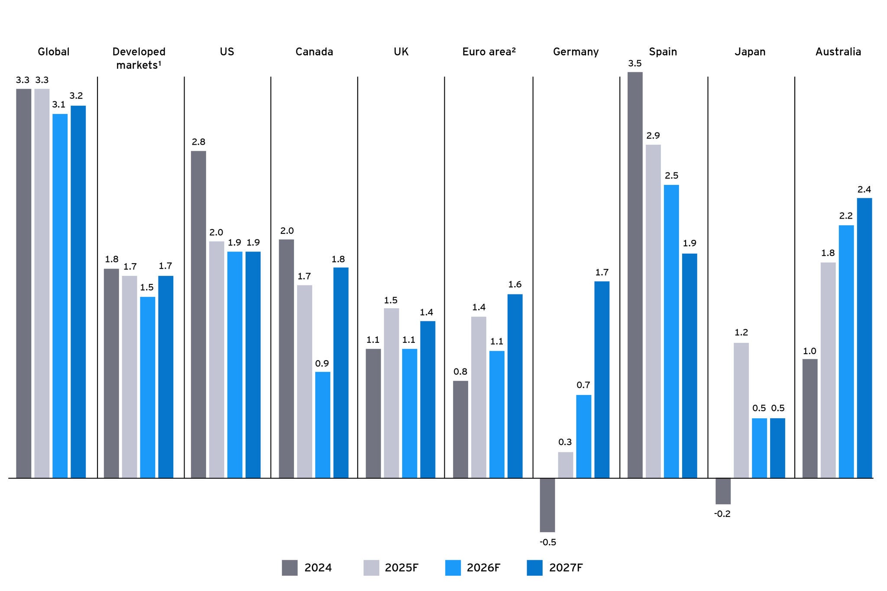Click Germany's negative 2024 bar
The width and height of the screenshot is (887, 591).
[x=547, y=505]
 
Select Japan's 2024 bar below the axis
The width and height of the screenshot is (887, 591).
[x=723, y=491]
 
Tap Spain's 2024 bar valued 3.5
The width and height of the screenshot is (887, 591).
[x=634, y=275]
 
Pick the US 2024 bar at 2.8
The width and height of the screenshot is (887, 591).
[x=198, y=314]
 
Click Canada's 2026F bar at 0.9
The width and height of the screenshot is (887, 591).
[x=322, y=425]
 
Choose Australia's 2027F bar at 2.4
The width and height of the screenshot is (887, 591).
[x=864, y=338]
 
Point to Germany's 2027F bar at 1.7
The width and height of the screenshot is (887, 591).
[x=602, y=380]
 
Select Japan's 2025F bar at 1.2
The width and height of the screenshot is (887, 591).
[x=741, y=410]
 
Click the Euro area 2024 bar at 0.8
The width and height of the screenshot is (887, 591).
[x=460, y=430]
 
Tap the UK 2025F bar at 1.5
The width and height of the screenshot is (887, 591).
[x=391, y=393]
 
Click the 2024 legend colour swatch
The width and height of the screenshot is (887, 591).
[x=289, y=568]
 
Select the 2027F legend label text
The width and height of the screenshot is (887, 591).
[x=566, y=568]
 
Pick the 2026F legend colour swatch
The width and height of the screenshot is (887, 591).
[x=453, y=568]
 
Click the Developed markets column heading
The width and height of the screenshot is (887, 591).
[x=139, y=58]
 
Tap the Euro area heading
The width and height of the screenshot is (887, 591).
[x=489, y=52]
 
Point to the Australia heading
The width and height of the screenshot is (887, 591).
[x=838, y=52]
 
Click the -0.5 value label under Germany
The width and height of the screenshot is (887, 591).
[x=547, y=542]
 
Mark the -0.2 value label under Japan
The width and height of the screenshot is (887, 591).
[x=722, y=514]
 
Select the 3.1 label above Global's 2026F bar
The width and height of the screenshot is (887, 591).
[x=58, y=104]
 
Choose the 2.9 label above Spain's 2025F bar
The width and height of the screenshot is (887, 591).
[x=653, y=136]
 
